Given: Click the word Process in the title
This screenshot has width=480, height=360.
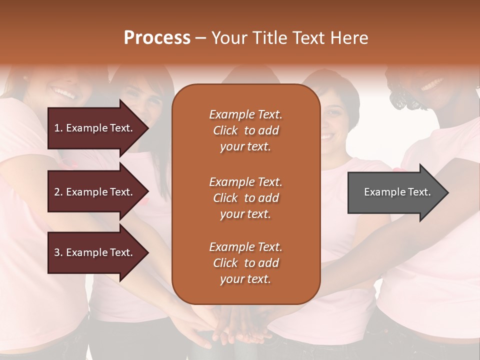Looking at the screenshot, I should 157,38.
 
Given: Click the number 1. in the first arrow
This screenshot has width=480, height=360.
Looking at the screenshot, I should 58,128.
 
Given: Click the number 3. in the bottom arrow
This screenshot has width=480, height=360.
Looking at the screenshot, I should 58,252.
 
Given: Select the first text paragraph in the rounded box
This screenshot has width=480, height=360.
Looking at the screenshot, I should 245,130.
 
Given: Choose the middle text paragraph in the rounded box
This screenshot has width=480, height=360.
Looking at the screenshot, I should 245,198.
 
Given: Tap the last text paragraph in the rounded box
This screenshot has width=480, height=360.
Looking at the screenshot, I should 245,263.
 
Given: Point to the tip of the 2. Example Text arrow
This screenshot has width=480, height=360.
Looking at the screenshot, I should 147,192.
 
